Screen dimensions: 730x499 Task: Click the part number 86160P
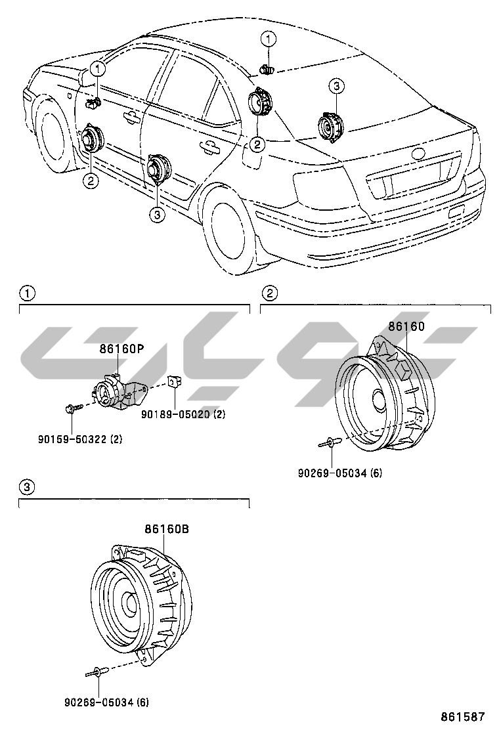[x=121, y=349]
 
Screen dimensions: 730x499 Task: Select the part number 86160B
[x=167, y=528]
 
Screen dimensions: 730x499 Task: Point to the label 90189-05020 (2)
[x=183, y=415]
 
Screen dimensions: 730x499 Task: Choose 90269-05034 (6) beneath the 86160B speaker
[x=106, y=702]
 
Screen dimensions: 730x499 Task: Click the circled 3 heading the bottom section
[x=26, y=487]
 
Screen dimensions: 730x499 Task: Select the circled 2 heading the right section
[x=269, y=291]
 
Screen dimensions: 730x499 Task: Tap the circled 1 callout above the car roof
[x=269, y=39]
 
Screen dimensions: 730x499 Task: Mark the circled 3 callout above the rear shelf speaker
[x=336, y=86]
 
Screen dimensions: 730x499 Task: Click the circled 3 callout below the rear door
[x=156, y=215]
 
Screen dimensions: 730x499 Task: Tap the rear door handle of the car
[x=210, y=146]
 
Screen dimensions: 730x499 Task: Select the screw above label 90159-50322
[x=71, y=408]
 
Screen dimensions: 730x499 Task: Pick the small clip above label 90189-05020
[x=174, y=382]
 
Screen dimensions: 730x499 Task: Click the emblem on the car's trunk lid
[x=417, y=154]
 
